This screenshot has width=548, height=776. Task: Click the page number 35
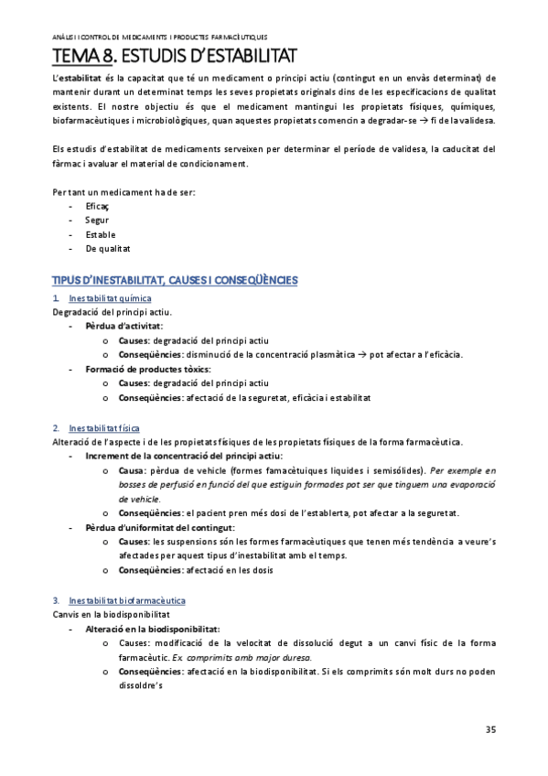(490, 729)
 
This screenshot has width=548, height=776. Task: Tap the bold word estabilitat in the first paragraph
(80, 80)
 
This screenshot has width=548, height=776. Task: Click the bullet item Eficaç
(96, 208)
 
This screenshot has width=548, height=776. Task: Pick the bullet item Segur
(96, 221)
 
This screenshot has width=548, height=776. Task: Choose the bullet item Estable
(100, 234)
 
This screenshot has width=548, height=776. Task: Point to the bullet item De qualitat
(107, 247)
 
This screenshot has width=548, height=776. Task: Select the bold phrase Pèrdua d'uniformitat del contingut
(160, 528)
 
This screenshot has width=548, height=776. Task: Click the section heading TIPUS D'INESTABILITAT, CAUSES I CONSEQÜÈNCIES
(176, 278)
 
